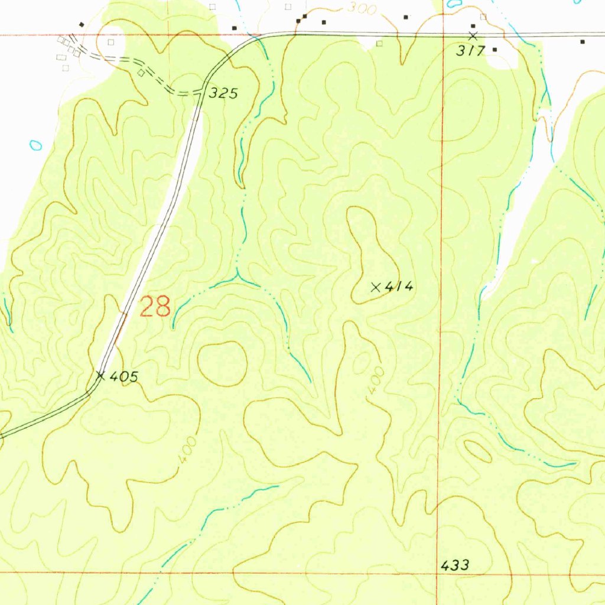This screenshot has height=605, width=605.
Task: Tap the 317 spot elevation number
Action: tap(470, 51)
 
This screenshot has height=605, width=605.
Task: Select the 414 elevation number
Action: tap(399, 287)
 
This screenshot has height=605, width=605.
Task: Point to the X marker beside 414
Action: tap(375, 287)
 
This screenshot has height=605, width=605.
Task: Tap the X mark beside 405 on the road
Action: tap(100, 375)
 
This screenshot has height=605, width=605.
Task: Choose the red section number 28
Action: tap(155, 307)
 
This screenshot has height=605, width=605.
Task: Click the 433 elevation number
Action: tap(456, 565)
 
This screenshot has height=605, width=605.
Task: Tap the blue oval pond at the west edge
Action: tap(36, 144)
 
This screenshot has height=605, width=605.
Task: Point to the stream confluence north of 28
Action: tap(238, 275)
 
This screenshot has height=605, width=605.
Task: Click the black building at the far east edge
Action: tap(583, 42)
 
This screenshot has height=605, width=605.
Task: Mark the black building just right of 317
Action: tap(495, 50)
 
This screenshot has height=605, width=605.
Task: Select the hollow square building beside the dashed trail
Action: tap(141, 73)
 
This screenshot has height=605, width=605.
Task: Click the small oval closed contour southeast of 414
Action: tap(478, 451)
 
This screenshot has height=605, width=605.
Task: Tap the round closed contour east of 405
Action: tap(222, 363)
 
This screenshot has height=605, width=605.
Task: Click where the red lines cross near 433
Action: tap(438, 573)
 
